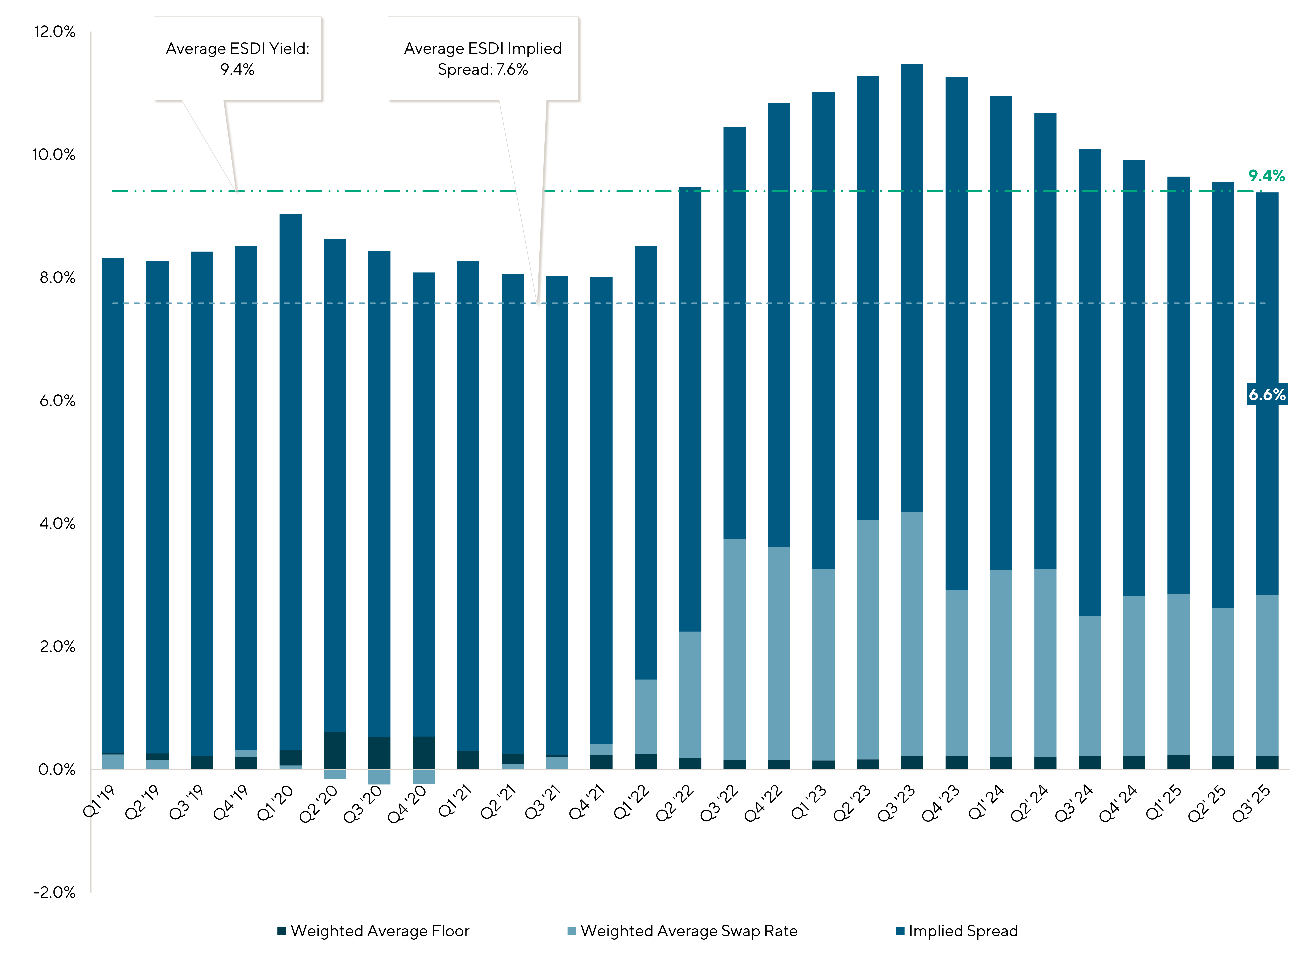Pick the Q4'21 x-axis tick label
[x=587, y=803]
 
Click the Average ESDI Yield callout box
[x=238, y=59]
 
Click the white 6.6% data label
[x=1267, y=395]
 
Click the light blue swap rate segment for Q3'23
[x=912, y=633]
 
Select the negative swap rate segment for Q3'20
[x=379, y=777]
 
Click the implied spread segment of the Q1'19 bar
[x=113, y=506]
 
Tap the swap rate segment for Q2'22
[x=690, y=694]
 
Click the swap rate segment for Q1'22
[x=646, y=716]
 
